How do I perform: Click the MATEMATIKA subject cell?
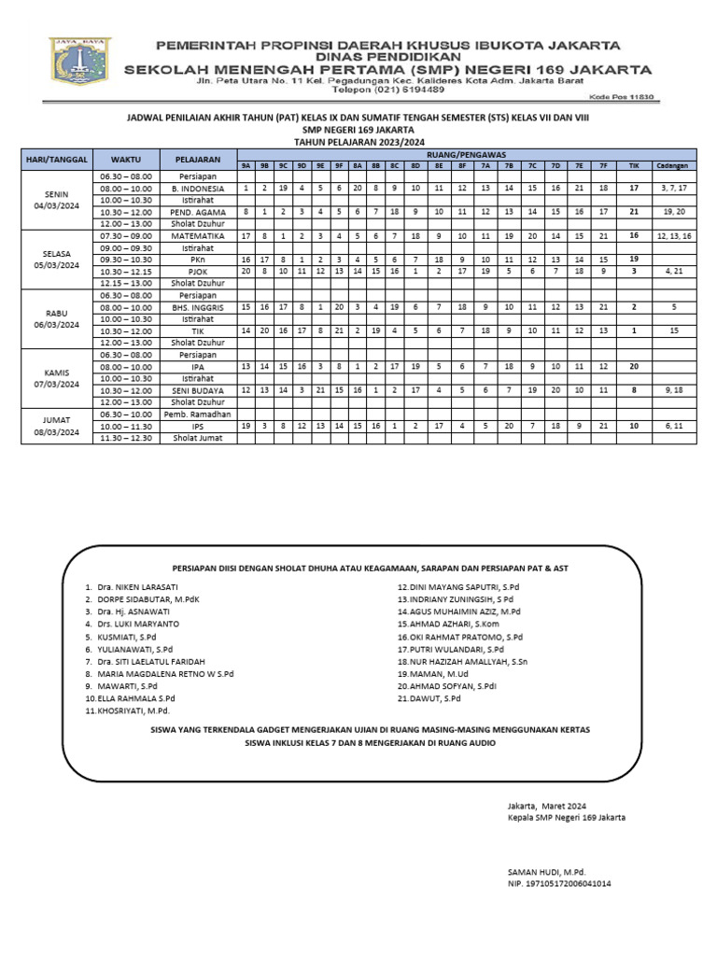[x=198, y=236]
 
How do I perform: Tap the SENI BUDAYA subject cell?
[x=198, y=390]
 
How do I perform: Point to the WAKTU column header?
[x=125, y=160]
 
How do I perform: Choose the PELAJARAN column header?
[x=198, y=160]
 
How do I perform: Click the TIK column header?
[x=634, y=165]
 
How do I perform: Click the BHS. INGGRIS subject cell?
[x=198, y=307]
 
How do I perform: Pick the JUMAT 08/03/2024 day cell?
[x=57, y=426]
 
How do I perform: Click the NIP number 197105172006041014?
[x=559, y=881]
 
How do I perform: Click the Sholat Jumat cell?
[x=198, y=437]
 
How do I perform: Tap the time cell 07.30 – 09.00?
[x=125, y=236]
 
